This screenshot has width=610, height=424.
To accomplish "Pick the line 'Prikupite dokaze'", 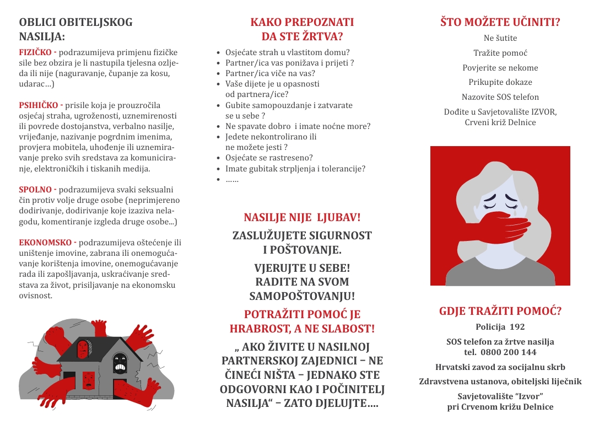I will coord(500,82).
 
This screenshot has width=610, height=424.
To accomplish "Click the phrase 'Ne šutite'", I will coord(500,38).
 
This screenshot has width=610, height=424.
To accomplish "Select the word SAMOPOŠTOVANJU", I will coord(302,296).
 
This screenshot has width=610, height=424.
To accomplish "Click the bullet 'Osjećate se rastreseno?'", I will coord(269,158).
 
